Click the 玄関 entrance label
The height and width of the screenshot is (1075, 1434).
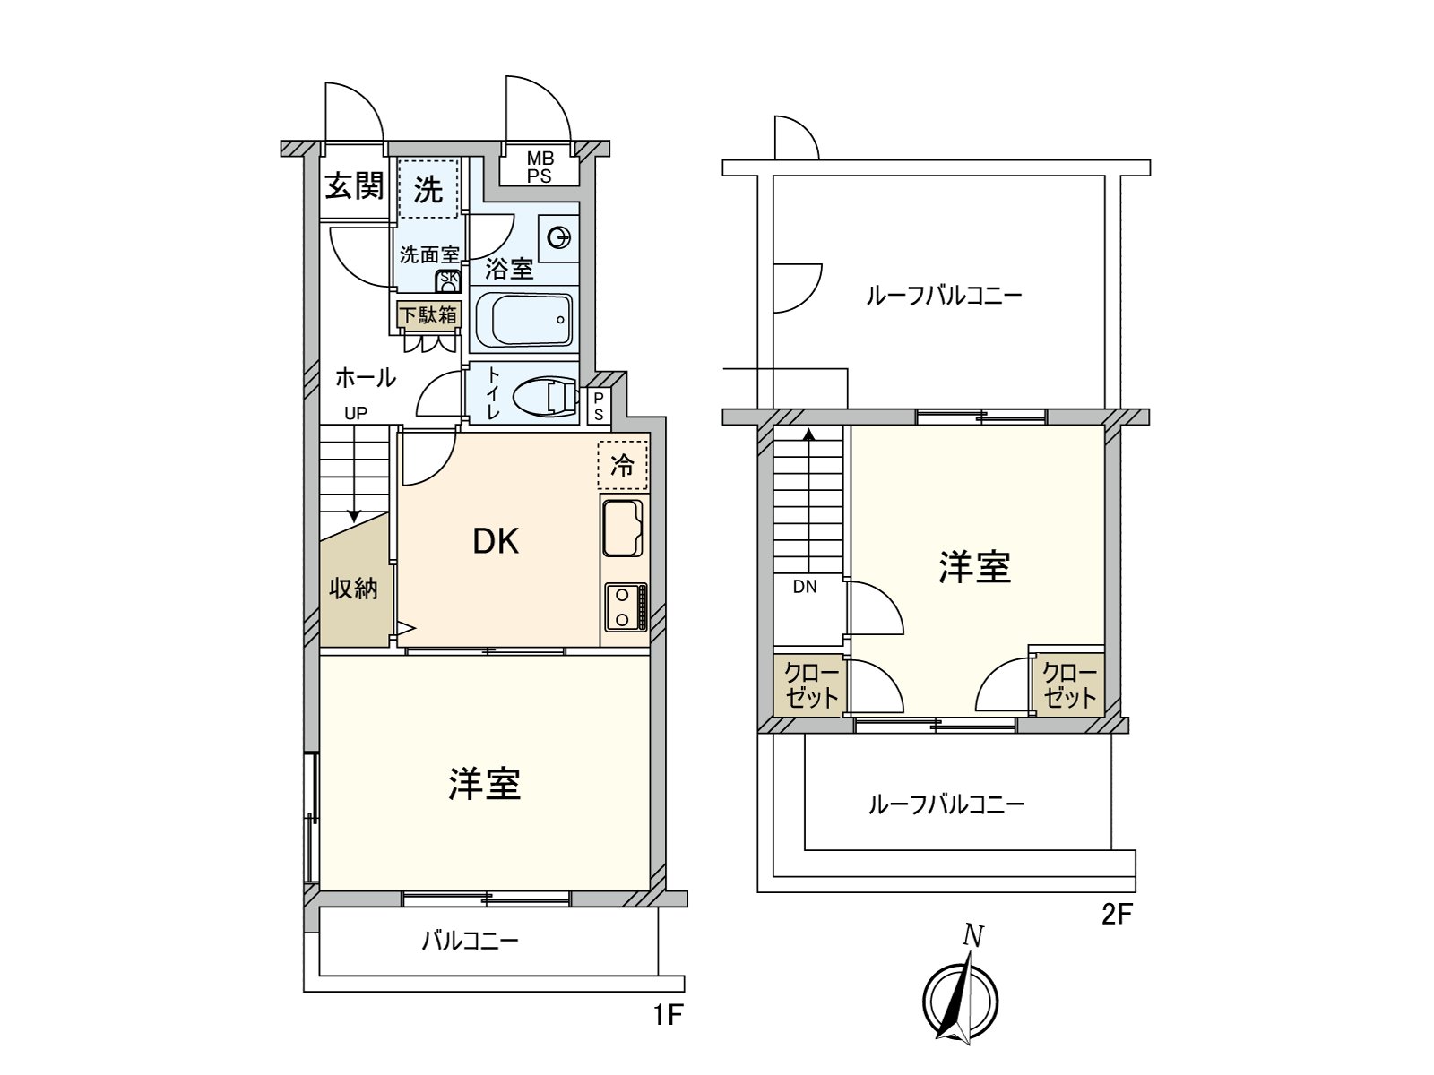[x=354, y=186]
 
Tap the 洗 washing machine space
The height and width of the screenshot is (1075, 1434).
[x=428, y=189]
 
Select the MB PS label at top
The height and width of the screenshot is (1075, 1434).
[x=540, y=168]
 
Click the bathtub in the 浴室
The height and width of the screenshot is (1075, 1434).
[x=523, y=320]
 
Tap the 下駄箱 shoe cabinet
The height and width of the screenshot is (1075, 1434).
[x=428, y=315]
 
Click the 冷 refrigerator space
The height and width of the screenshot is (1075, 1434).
[x=622, y=465]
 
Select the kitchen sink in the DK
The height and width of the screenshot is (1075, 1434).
[x=622, y=528]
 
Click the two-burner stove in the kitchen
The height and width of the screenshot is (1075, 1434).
[x=626, y=606]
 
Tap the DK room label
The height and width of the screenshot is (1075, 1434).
[x=496, y=541]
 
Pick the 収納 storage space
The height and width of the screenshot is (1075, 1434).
[x=353, y=589]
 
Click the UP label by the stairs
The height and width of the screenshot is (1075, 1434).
[x=357, y=413]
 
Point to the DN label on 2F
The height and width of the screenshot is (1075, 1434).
[x=805, y=587]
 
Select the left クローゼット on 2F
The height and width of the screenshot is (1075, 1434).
[x=810, y=685]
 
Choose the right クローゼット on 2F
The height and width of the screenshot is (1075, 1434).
[x=1069, y=685]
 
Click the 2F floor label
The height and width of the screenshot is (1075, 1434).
[x=1117, y=915]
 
